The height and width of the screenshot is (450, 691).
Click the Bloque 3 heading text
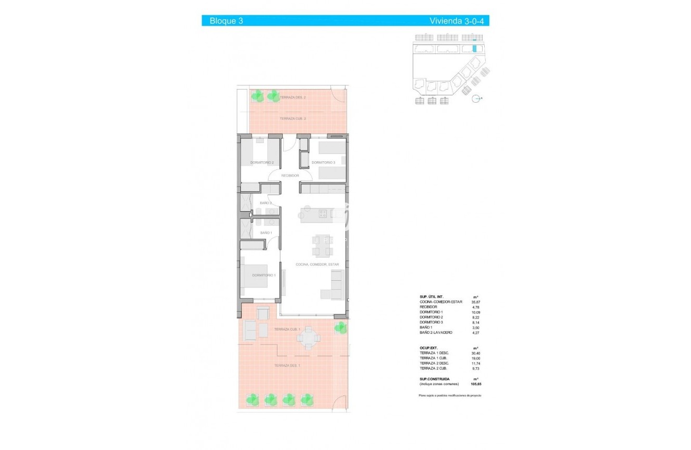(226, 21)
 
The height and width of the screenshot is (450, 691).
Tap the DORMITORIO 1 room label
(264, 275)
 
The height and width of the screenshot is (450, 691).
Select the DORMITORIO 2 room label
(262, 162)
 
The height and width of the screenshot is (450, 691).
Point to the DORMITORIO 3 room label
(323, 162)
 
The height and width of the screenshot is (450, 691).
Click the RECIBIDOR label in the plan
(289, 175)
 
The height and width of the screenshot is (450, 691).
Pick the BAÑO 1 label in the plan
(266, 233)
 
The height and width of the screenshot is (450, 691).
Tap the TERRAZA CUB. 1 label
(286, 329)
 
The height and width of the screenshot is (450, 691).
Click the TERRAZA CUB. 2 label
(293, 118)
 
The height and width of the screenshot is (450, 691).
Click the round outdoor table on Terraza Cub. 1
(309, 338)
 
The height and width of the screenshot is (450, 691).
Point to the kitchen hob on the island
(323, 213)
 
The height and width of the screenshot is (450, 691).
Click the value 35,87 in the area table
(476, 302)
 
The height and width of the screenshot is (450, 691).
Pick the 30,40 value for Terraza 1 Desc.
(476, 353)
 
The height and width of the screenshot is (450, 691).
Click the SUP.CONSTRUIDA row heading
(434, 379)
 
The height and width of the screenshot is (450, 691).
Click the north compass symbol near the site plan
(476, 98)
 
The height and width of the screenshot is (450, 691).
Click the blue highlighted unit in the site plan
(475, 48)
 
